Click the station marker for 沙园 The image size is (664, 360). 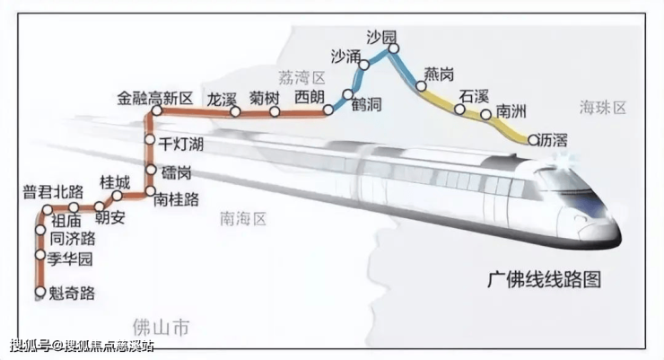[x=394, y=48]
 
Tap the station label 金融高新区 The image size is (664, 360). [x=155, y=99]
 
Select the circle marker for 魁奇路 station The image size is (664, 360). [x=40, y=292]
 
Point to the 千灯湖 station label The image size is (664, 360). [x=181, y=144]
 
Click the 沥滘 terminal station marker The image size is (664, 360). [x=533, y=139]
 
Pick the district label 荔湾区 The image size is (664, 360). [x=301, y=77]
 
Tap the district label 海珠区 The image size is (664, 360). [x=603, y=108]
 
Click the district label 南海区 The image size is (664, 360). [x=243, y=219]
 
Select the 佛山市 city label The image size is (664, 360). [x=161, y=328]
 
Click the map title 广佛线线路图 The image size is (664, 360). [x=545, y=279]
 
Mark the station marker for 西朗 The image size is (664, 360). [x=328, y=110]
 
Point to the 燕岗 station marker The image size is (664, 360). [x=421, y=86]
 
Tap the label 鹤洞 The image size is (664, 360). [x=367, y=104]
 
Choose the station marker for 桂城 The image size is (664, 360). [x=118, y=196]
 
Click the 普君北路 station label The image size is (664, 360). [x=53, y=192]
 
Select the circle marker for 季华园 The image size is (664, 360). [x=40, y=255]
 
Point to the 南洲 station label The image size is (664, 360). [x=511, y=111]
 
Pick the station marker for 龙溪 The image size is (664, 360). [x=235, y=112]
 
